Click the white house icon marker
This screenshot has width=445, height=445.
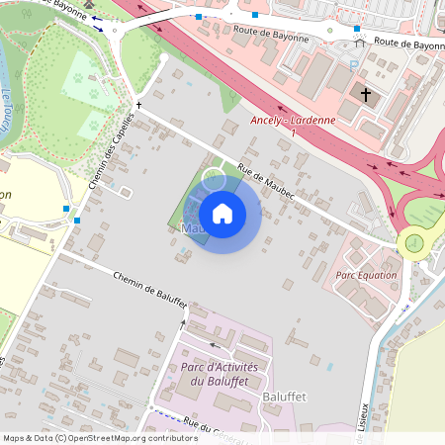click(x=222, y=213)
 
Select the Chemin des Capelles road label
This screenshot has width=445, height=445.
click(x=110, y=153)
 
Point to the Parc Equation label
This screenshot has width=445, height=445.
click(x=366, y=275)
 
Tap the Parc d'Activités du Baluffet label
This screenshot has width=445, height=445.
click(x=219, y=374)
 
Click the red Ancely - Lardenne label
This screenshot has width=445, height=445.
click(x=294, y=121)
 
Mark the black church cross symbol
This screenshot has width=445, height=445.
click(x=367, y=96)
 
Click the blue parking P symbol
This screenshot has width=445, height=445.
click(x=354, y=64)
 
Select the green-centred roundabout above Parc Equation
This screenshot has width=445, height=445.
click(x=413, y=242)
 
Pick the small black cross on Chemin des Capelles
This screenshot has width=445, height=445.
click(x=139, y=104)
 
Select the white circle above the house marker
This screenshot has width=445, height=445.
click(x=214, y=179)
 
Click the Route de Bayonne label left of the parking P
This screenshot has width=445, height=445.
click(x=270, y=38)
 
